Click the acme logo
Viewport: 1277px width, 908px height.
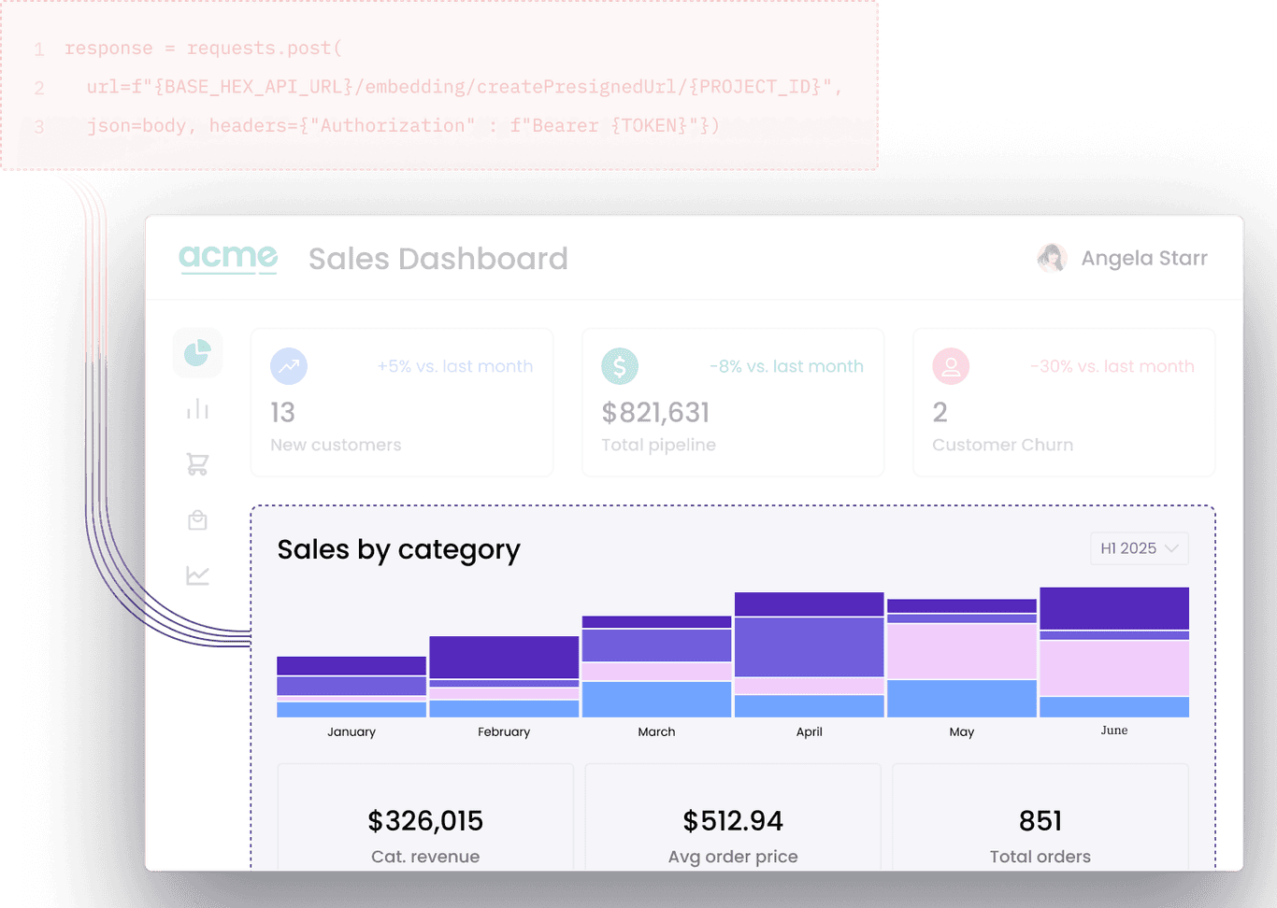tap(228, 258)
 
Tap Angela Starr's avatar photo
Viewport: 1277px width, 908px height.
tap(1052, 258)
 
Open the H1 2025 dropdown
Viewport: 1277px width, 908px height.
tap(1139, 548)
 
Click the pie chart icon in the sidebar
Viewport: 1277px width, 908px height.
tap(197, 353)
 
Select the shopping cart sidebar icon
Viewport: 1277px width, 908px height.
tap(197, 464)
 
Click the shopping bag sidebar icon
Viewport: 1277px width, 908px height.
tap(197, 520)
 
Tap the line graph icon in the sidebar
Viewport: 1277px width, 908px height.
tap(197, 575)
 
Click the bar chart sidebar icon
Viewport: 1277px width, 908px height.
tap(197, 409)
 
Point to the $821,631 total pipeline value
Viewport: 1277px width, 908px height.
tap(655, 412)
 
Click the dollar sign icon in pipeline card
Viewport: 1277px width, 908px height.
tap(619, 366)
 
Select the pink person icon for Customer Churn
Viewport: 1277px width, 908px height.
tap(950, 366)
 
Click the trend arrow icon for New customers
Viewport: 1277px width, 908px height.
tap(289, 366)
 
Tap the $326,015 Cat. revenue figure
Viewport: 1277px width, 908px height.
tap(425, 820)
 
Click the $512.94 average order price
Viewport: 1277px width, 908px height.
tap(733, 820)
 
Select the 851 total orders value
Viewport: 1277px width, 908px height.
tap(1040, 820)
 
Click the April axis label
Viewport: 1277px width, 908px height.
tap(809, 731)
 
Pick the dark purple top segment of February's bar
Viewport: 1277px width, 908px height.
tap(504, 658)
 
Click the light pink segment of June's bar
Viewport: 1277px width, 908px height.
tap(1113, 668)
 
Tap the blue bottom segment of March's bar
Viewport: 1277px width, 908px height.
tap(656, 699)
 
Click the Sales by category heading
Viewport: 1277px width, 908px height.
tap(398, 549)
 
